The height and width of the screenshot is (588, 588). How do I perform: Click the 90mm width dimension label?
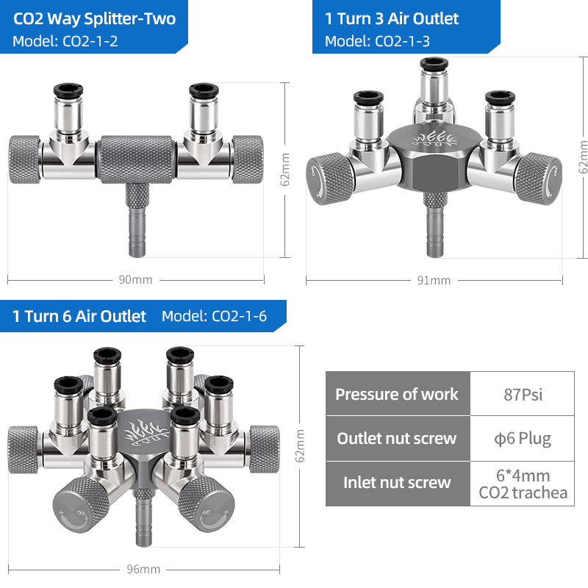coord(135,280)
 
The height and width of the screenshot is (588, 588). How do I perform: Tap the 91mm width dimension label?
coord(434,281)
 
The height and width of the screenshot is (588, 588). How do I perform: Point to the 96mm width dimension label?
coord(143,569)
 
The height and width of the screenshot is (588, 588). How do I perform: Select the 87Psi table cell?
coord(523,395)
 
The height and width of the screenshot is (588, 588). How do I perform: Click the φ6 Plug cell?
coord(523,439)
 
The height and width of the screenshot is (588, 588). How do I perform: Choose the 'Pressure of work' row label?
coord(397,394)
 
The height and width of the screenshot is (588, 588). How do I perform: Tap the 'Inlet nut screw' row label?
coord(397,483)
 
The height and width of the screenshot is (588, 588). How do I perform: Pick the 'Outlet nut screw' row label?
coord(397,438)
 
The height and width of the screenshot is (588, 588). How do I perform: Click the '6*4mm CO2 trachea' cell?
coord(523,484)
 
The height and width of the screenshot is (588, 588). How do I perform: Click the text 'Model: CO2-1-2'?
coord(65,41)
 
